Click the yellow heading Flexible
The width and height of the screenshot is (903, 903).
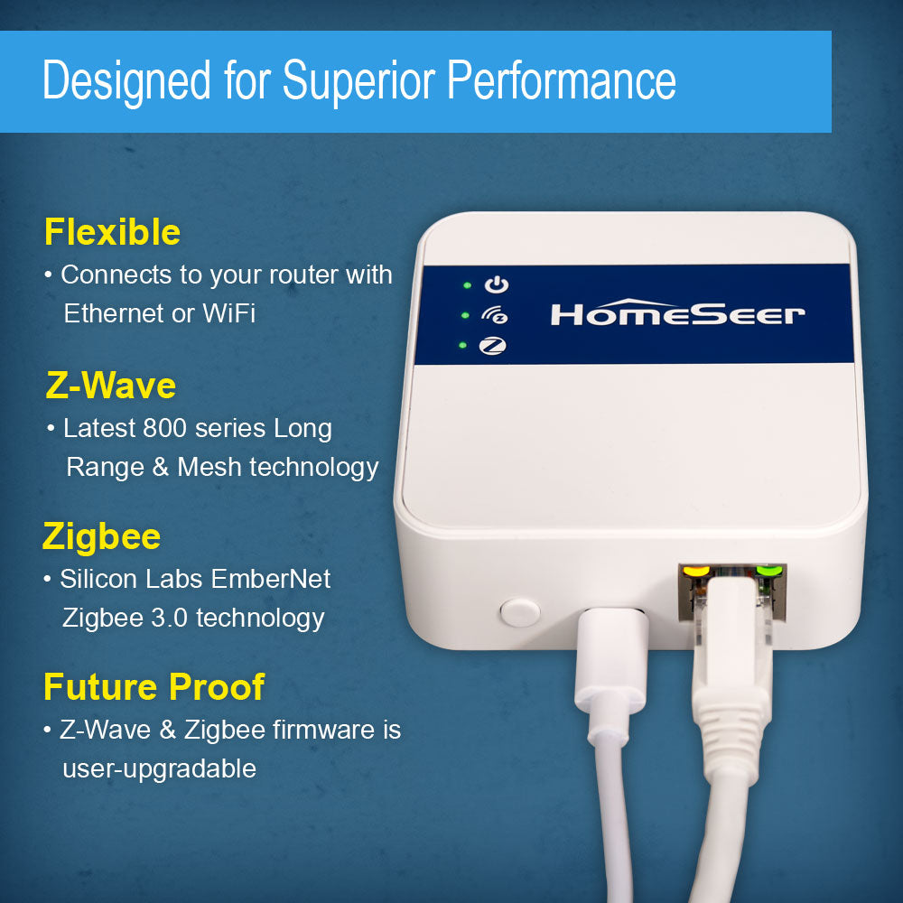(112, 232)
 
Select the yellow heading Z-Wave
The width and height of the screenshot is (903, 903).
(110, 386)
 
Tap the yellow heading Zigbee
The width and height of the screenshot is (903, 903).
(101, 536)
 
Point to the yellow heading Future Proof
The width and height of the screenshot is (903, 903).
(154, 687)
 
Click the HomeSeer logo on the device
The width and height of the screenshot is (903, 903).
(677, 313)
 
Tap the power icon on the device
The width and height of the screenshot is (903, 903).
(497, 285)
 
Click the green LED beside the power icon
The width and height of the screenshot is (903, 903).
(467, 285)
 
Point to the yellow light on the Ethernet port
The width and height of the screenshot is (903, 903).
(695, 571)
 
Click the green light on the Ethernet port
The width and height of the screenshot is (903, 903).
(769, 571)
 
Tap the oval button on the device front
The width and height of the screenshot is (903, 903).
(519, 611)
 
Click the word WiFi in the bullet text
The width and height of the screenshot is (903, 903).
(228, 313)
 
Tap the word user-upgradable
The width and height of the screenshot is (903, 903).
(159, 768)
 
